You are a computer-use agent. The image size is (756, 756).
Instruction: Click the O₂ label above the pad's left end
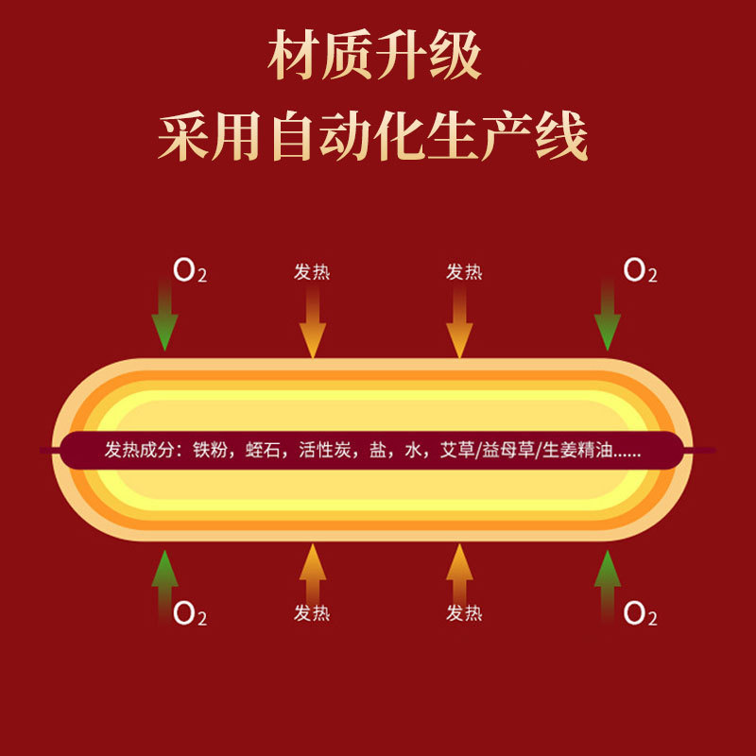(x=189, y=272)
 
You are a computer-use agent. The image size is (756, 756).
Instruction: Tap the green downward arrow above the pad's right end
(x=608, y=317)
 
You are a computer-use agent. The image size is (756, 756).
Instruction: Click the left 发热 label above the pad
(x=312, y=272)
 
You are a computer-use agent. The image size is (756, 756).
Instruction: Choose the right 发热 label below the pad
(x=464, y=613)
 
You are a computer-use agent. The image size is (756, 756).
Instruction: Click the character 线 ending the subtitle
(x=564, y=138)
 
